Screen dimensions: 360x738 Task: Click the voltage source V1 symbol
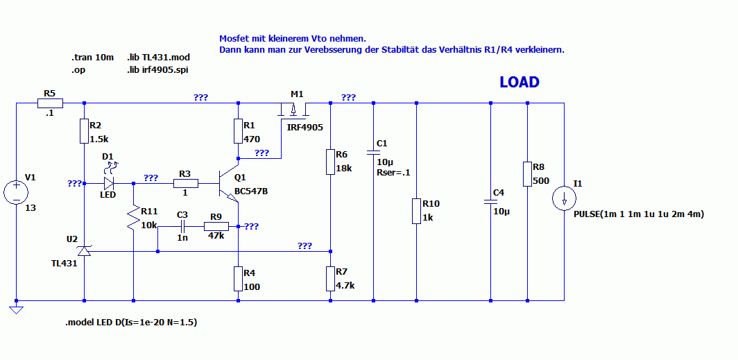coord(15,191)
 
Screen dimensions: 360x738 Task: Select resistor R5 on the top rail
coord(49,103)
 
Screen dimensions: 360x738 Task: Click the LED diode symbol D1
coord(109,184)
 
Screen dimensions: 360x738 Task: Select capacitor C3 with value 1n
coord(182,226)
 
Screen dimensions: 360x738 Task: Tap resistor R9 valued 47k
coord(216,226)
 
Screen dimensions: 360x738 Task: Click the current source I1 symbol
coord(565,198)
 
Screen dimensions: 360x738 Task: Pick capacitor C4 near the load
coord(490,202)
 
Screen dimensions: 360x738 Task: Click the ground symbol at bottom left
coord(15,309)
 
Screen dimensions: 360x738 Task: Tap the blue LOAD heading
coord(520,83)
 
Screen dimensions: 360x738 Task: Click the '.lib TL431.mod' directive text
coord(158,57)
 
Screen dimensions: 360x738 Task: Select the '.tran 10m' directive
coord(92,57)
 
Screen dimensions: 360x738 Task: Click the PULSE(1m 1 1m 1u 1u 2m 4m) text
coord(639,214)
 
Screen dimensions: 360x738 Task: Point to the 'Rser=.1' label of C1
coord(393,172)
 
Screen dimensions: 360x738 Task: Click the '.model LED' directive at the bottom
coord(136,323)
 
